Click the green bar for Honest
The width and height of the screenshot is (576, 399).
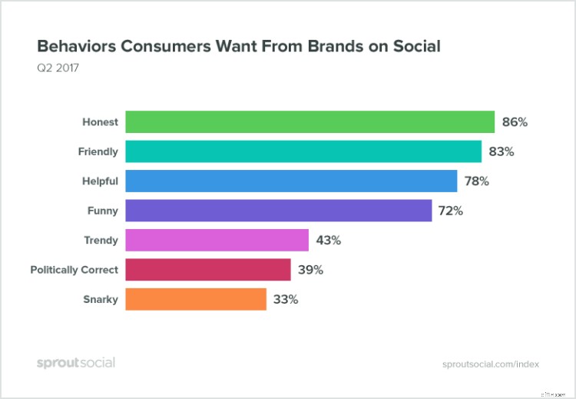pos(310,122)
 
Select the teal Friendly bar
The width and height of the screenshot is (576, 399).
pos(303,151)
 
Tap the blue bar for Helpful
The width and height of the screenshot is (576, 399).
pos(292,181)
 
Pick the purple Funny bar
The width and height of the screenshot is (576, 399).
pos(278,211)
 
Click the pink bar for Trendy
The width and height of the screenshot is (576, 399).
pos(217,240)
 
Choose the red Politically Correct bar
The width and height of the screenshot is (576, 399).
pos(207,270)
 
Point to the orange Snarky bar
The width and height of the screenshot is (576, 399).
pos(195,299)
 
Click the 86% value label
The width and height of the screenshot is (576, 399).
pos(514,122)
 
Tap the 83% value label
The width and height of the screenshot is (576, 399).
pos(501,151)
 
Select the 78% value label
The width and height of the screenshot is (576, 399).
pos(476,181)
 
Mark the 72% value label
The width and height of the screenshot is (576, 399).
pos(450,211)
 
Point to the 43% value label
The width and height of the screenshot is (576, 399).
pos(327,240)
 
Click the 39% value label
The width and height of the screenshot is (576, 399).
pos(310,270)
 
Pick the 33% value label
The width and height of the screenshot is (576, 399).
pos(285,299)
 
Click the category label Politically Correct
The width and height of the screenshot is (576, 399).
pos(74,270)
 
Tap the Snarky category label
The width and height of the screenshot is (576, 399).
pos(100,299)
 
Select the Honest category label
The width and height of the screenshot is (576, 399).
pos(100,122)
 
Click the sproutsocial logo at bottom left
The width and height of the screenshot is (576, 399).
pos(75,362)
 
